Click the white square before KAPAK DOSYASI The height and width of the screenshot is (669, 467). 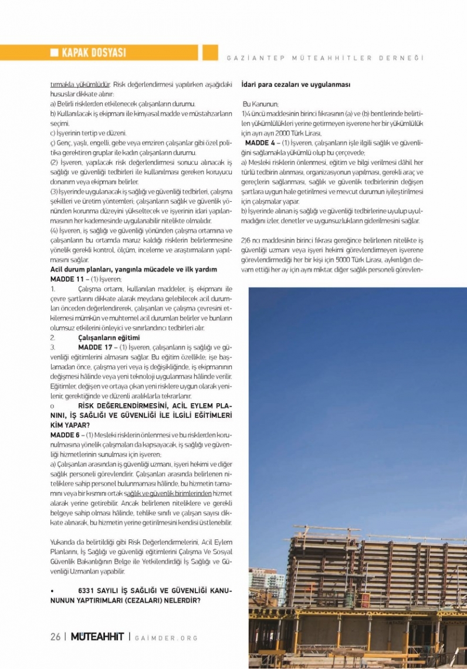coord(54,53)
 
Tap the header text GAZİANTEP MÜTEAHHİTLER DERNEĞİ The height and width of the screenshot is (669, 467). coord(324,58)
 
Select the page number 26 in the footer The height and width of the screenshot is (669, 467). coord(56,637)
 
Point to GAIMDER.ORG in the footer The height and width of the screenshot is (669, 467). coord(167,638)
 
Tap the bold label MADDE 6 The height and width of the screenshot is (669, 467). coord(65,434)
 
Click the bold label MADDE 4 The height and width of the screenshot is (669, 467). coord(260,143)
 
